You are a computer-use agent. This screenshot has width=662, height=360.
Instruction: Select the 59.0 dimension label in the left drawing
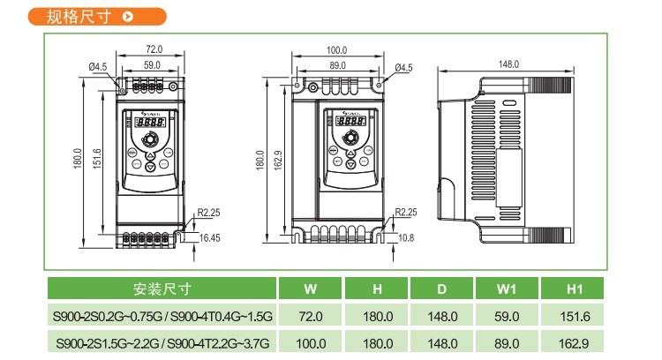click(x=151, y=65)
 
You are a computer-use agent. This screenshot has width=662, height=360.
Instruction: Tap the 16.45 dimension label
click(x=210, y=238)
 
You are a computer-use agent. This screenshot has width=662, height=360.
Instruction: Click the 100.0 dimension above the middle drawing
click(x=336, y=50)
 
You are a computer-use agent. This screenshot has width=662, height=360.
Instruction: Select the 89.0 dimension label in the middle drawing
click(x=336, y=65)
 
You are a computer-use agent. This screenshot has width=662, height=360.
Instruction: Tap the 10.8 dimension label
click(x=406, y=238)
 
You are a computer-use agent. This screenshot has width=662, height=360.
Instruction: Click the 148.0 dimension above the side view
click(x=509, y=64)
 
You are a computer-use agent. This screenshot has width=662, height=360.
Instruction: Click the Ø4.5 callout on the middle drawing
click(x=403, y=67)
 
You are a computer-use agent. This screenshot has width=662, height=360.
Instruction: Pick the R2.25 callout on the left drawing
click(x=208, y=212)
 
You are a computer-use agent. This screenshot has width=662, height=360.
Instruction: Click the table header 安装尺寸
click(x=162, y=289)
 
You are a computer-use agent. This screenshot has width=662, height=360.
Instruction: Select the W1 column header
click(x=508, y=289)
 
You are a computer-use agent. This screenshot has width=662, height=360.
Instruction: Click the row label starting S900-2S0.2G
click(x=162, y=316)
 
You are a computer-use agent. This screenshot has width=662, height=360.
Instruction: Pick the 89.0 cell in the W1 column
click(x=508, y=343)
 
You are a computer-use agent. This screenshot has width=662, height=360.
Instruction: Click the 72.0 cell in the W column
click(x=310, y=316)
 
